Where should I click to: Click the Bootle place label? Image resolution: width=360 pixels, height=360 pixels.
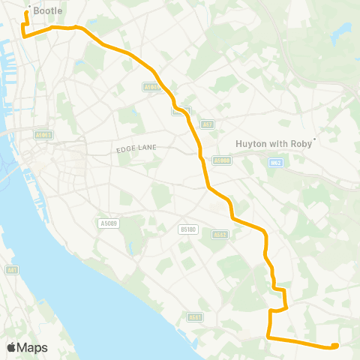tap(48, 11)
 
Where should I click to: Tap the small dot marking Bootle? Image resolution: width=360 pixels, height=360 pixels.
tap(28, 8)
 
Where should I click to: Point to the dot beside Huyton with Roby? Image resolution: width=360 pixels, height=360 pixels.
tap(316, 138)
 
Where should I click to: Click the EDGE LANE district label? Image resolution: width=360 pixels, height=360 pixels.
tap(136, 148)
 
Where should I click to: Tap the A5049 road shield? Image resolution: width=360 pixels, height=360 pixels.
tap(152, 88)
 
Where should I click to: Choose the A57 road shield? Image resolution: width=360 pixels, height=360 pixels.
tap(208, 122)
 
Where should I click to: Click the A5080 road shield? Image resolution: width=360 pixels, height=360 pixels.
tap(221, 160)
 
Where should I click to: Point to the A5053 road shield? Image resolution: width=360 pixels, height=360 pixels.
tap(43, 135)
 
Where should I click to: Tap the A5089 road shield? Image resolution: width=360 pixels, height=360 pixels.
tap(109, 223)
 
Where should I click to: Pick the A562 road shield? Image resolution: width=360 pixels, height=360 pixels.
tap(220, 234)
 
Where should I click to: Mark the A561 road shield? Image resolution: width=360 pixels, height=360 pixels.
tap(195, 316)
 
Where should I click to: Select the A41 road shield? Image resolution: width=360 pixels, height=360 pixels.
tap(11, 269)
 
